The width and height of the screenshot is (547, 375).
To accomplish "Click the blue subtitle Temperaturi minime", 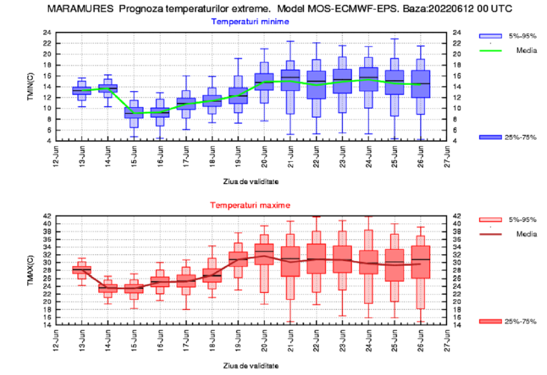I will click(x=250, y=21).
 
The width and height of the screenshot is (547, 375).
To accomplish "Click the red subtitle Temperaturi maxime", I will click(x=250, y=205).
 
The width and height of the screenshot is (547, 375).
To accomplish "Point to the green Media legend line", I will click(x=490, y=50).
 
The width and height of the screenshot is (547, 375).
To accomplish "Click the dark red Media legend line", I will click(x=490, y=234).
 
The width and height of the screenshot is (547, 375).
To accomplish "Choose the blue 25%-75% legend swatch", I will click(x=490, y=137).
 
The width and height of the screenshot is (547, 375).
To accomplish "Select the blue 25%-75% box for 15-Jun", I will click(x=134, y=113).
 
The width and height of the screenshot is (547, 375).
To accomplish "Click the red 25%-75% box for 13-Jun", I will click(x=82, y=270).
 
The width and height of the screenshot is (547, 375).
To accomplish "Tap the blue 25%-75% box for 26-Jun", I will click(x=421, y=84).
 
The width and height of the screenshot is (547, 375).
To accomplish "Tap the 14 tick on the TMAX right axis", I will click(x=457, y=325).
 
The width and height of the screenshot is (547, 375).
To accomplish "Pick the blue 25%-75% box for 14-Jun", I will click(x=108, y=88).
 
